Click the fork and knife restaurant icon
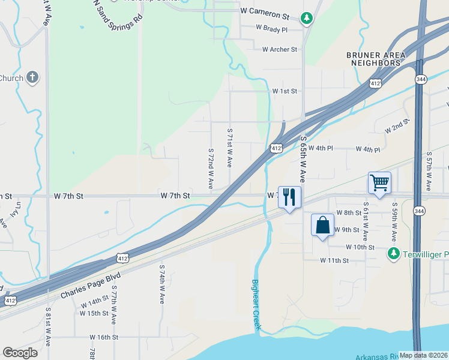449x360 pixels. pyautogui.click(x=289, y=197)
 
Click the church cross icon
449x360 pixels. pyautogui.click(x=32, y=77)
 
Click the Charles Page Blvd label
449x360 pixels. pyautogui.click(x=91, y=286)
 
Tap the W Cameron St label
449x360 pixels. pyautogui.click(x=264, y=11)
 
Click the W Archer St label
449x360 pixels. pyautogui.click(x=279, y=50)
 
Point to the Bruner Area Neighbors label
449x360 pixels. pyautogui.click(x=376, y=59)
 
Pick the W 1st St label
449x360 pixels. pyautogui.click(x=285, y=91)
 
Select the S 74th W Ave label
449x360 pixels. pyautogui.click(x=162, y=284)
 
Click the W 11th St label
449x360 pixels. pyautogui.click(x=334, y=260)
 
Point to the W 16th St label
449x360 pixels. pyautogui.click(x=104, y=338)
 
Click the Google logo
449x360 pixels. pyautogui.click(x=20, y=353)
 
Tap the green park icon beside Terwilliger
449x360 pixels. pyautogui.click(x=394, y=253)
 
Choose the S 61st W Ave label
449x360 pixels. pyautogui.click(x=366, y=221)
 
